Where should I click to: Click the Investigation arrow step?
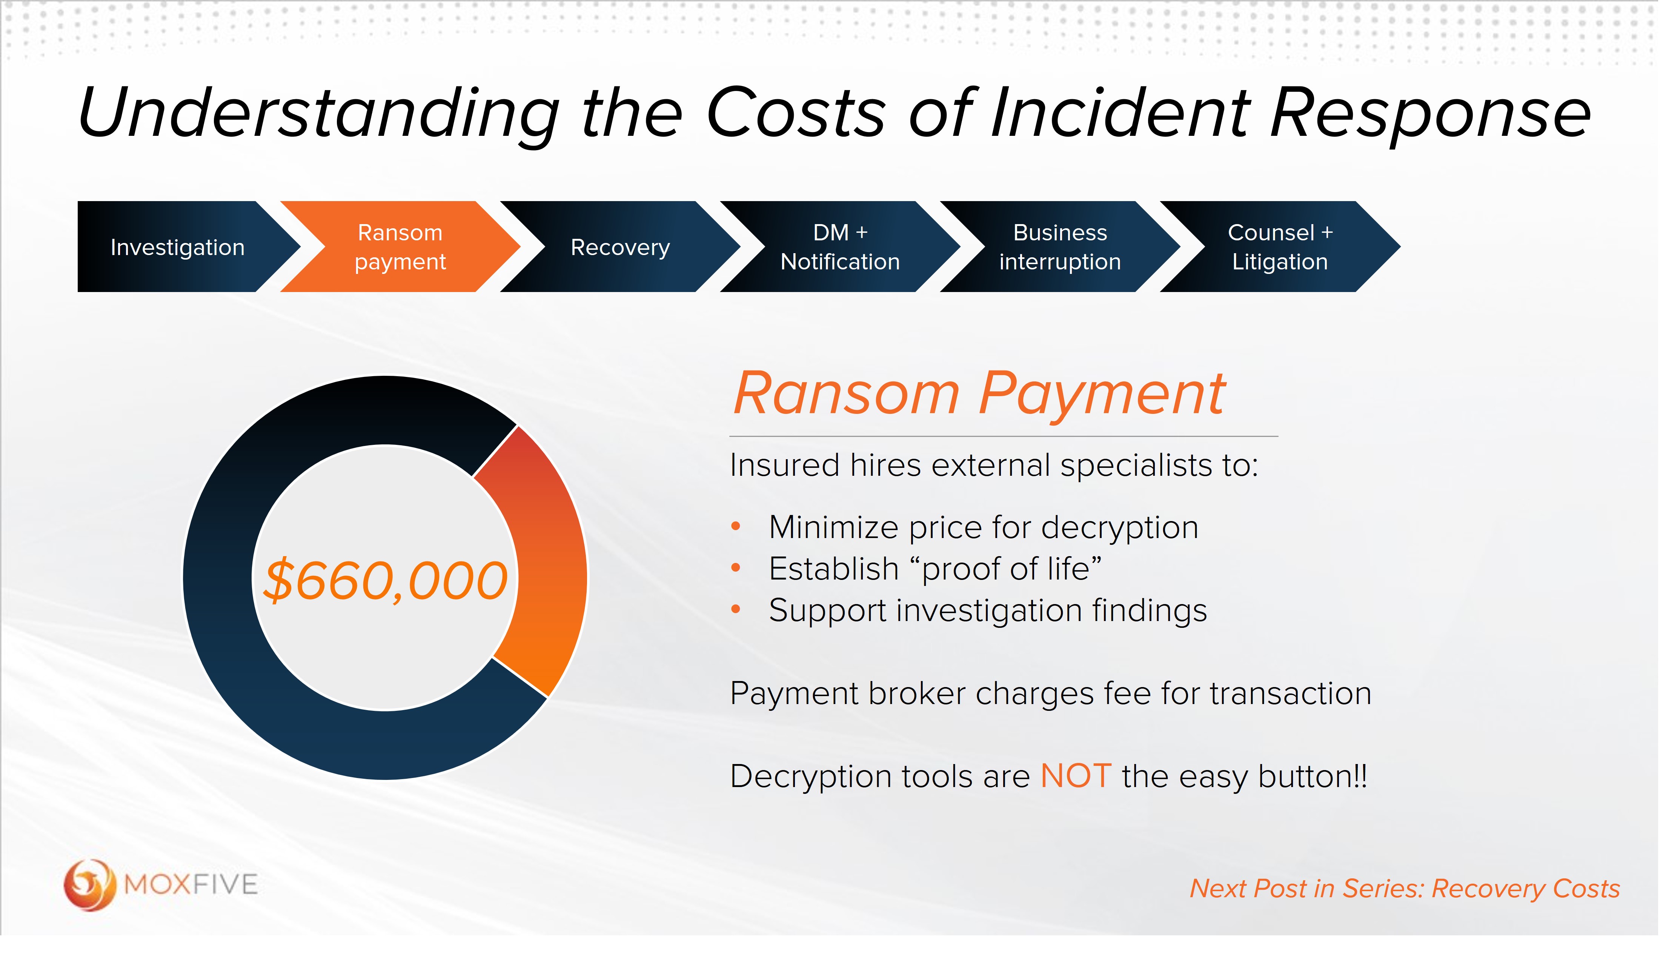point(178,247)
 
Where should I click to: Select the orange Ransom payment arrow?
point(400,247)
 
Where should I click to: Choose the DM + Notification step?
point(840,247)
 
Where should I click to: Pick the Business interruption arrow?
point(1059,247)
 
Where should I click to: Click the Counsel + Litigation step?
point(1279,247)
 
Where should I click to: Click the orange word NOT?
point(1076,776)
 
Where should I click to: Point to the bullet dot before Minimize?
point(736,526)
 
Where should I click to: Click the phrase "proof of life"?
point(1011,569)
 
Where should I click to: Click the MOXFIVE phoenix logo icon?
point(89,884)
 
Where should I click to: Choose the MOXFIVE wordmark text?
point(191,884)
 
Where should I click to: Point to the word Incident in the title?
point(1120,113)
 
